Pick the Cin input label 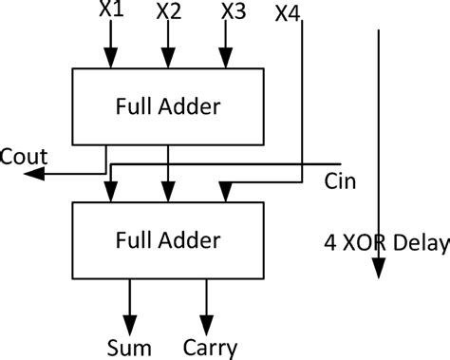[339, 180]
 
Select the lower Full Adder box [169, 237]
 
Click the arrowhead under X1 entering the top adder [111, 59]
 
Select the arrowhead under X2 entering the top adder [169, 59]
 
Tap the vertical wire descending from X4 [302, 95]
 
